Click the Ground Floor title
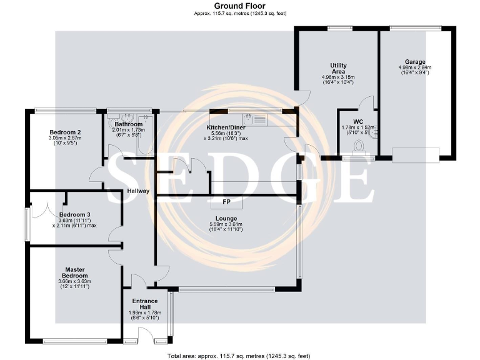239,6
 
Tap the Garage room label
414,62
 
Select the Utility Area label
338,69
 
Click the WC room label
358,121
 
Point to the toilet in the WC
359,147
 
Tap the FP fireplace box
227,202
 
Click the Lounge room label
227,218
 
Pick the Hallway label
137,191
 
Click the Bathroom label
129,124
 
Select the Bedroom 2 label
66,132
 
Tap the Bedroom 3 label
74,214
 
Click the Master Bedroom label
74,272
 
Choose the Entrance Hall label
144,304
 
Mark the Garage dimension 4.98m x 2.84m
414,67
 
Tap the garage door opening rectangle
416,154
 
